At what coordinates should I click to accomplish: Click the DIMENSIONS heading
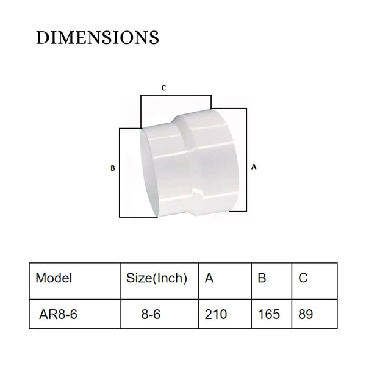coord(98,38)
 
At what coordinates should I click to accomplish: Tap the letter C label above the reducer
coord(163,88)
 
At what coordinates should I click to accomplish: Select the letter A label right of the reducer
coord(253,165)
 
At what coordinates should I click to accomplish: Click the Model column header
coord(54,279)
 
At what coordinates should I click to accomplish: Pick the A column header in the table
coord(209,279)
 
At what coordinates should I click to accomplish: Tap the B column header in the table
coord(263,279)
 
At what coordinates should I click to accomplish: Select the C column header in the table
coord(303,279)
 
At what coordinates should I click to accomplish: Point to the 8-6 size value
coord(150,315)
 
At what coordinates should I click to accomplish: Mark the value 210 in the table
coord(216,315)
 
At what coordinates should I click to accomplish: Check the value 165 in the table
coord(269,315)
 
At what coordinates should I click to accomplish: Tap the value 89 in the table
coord(307,315)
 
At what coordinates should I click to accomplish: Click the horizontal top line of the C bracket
coord(176,95)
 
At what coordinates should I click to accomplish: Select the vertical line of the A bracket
coord(246,162)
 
